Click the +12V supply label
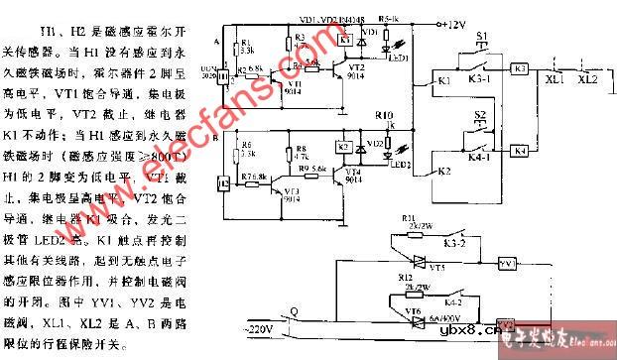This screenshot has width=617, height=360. [454, 21]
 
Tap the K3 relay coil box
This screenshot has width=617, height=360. [520, 69]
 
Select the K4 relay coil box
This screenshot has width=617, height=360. [520, 151]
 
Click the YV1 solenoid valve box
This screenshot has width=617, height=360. [508, 265]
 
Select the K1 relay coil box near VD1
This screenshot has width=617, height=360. [342, 40]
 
